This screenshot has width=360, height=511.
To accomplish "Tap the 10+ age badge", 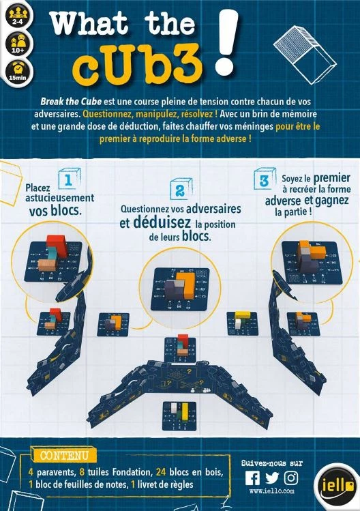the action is coord(18,44).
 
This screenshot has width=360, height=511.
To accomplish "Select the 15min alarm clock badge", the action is coord(18,72).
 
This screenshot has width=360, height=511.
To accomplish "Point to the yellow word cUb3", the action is coord(137,65).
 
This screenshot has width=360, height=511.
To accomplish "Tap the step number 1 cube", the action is coord(69,179).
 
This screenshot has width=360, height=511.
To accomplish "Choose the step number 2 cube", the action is coord(181,189).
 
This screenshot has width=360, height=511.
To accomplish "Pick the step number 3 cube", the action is coord(265,179).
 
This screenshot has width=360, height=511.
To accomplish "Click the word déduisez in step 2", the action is coord(162,222).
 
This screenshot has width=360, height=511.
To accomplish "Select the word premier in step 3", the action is coord(331,178).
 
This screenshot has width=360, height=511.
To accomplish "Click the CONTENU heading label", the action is coord(64,455).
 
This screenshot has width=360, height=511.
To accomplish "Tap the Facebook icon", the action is coord(252,478).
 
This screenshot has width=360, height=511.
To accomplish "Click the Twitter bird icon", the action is coord(272,478).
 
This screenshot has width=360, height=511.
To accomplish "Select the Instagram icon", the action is coord(291,478).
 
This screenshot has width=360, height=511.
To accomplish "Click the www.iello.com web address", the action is coord(272,491).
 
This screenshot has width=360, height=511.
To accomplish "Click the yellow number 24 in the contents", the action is coord(161,472).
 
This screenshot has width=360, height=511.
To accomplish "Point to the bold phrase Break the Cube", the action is coord(71,102).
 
